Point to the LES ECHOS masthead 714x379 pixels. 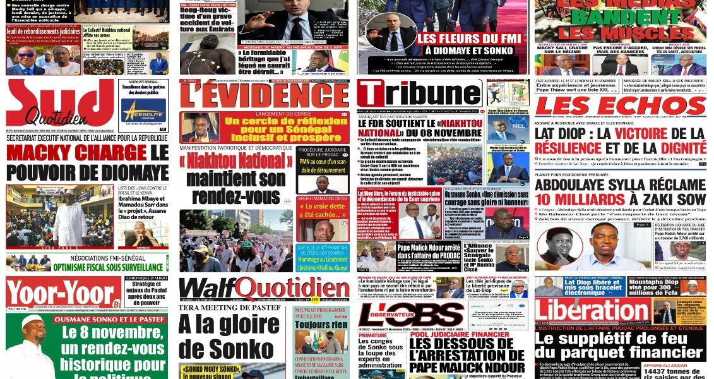[x=619, y=106]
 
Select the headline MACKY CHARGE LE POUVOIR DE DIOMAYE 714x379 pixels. [x=88, y=161]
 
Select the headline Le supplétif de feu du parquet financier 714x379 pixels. [x=619, y=346]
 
